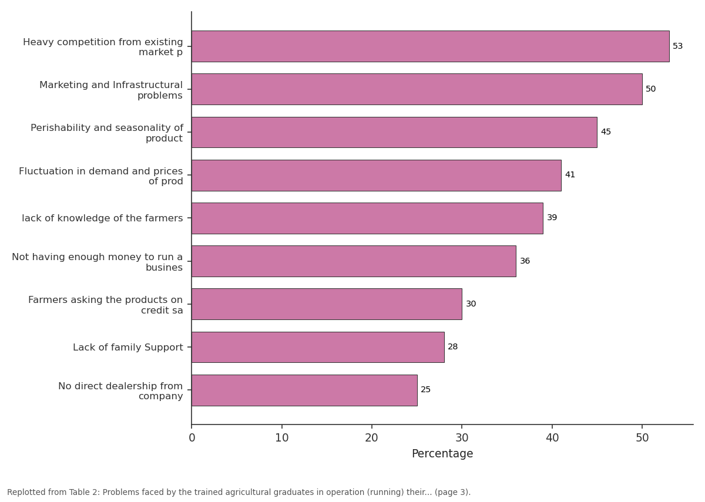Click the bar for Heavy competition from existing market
pyautogui.click(x=430, y=46)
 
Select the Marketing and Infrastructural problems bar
pyautogui.click(x=417, y=89)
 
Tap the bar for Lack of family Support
pyautogui.click(x=318, y=347)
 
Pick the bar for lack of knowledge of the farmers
pyautogui.click(x=367, y=218)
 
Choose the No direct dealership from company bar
pyautogui.click(x=304, y=390)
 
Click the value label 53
pyautogui.click(x=677, y=46)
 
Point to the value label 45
pyautogui.click(x=606, y=132)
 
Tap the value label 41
pyautogui.click(x=570, y=174)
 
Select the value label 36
pyautogui.click(x=525, y=261)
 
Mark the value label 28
pyautogui.click(x=452, y=346)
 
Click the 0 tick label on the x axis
pyautogui.click(x=192, y=438)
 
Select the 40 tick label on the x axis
pyautogui.click(x=552, y=438)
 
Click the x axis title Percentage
pyautogui.click(x=442, y=454)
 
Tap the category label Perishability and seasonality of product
pyautogui.click(x=107, y=133)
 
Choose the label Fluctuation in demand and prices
pyautogui.click(x=100, y=171)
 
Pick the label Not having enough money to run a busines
pyautogui.click(x=98, y=262)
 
